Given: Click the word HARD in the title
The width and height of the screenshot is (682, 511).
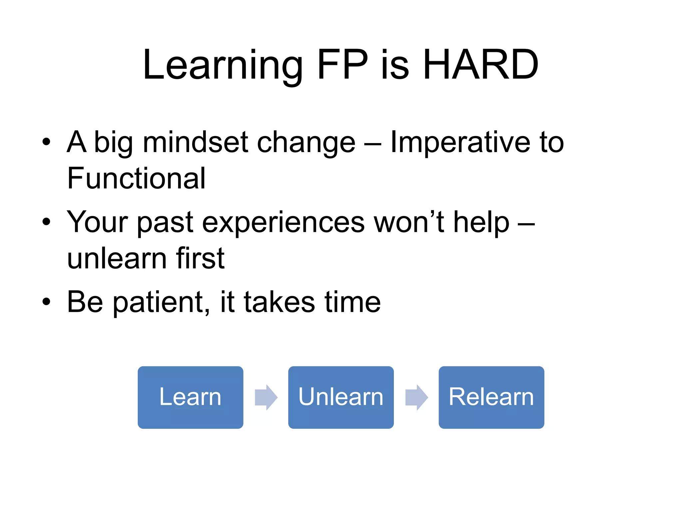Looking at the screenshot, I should coord(481,65).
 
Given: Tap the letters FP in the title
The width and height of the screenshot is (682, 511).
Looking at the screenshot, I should coord(342,65).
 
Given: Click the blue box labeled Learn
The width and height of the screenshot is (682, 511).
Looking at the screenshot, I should coord(190,397).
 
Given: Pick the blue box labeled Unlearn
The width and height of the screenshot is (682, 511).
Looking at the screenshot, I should coord(341,397).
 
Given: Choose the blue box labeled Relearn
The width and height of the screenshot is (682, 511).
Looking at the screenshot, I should coord(491,397).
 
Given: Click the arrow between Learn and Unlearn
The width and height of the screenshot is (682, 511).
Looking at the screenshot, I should coord(266,397).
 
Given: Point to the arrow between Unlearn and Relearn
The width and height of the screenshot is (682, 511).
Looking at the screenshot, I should coord(416,397).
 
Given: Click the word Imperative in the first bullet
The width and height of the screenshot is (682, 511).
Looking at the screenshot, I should coord(460,142).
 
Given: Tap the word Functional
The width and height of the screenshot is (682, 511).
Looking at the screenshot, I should coord(136,179).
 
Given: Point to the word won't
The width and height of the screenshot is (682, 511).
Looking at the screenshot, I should coord(409,222).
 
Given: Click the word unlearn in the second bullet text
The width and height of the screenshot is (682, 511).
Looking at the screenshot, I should coord(117,258).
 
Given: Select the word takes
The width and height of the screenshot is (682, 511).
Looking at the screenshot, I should coord(279,302).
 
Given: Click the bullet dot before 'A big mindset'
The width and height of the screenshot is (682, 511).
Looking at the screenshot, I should coord(46,142).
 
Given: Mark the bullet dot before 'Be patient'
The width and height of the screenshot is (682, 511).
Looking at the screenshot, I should coord(46,302).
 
